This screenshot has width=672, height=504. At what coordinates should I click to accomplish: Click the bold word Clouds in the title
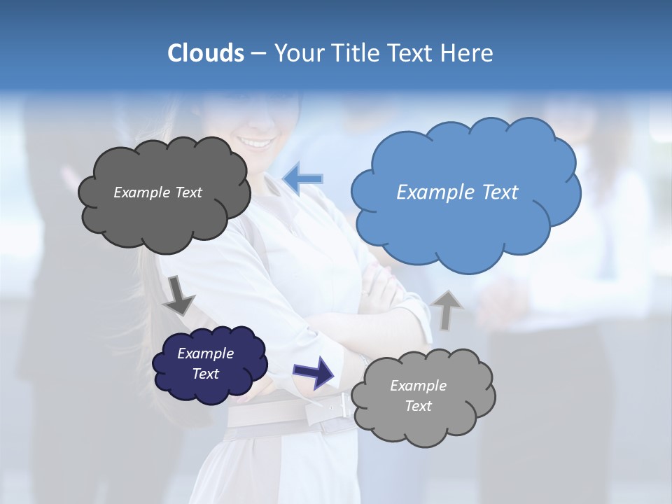[x=205, y=53]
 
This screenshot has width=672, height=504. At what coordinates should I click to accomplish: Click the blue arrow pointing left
[x=302, y=178]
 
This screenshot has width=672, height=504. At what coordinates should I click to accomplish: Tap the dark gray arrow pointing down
[x=179, y=295]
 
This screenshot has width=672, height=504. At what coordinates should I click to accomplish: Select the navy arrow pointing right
[x=314, y=372]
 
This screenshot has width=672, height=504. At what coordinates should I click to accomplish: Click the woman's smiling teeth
[x=258, y=143]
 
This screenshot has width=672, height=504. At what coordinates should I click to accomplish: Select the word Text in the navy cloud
[x=206, y=374]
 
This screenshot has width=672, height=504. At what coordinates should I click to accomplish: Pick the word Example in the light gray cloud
[x=418, y=386]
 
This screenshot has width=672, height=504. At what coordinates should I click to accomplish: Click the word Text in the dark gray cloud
[x=187, y=192]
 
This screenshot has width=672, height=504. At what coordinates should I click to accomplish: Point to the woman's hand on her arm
[x=381, y=287]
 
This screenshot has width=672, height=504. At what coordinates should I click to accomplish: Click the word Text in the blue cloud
[x=500, y=192]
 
